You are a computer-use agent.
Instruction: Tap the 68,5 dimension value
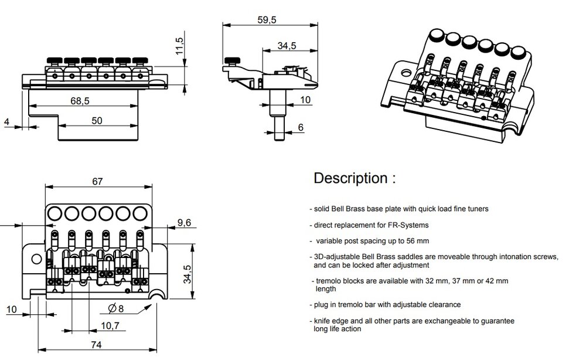tap(80, 101)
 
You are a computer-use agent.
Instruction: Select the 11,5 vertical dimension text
tap(180, 45)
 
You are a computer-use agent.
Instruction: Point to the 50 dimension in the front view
tap(97, 121)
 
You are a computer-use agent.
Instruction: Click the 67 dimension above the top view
tap(97, 181)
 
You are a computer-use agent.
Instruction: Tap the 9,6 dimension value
tap(183, 222)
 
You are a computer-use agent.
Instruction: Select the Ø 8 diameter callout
tap(116, 308)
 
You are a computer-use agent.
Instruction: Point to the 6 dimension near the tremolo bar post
tap(301, 127)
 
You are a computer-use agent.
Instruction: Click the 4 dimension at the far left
tap(6, 122)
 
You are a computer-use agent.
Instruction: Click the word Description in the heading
tap(350, 178)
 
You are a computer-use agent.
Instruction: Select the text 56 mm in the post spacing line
tap(417, 241)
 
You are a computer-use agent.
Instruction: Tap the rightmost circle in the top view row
tap(140, 212)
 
